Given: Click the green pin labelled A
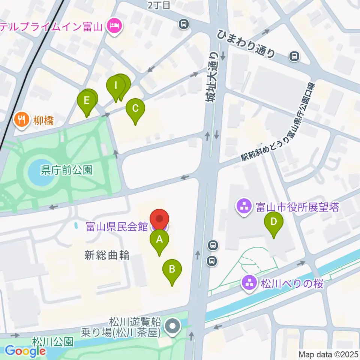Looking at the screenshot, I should click(x=159, y=239).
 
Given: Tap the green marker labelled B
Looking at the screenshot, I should click(x=172, y=269).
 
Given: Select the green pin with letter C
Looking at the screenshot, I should click(x=135, y=108).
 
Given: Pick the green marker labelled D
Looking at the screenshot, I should click(x=274, y=222).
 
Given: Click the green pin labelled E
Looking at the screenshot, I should click(x=87, y=101).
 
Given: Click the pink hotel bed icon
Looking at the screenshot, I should click(x=113, y=26).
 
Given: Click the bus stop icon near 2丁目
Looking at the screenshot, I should click(x=184, y=24).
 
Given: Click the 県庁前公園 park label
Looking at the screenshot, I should click(x=66, y=170).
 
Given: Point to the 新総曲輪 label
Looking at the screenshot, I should click(x=107, y=256).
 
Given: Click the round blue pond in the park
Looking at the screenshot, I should click(x=40, y=174).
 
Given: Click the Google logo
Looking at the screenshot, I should click(x=25, y=351).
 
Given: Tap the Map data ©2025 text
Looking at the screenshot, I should click(x=328, y=354).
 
